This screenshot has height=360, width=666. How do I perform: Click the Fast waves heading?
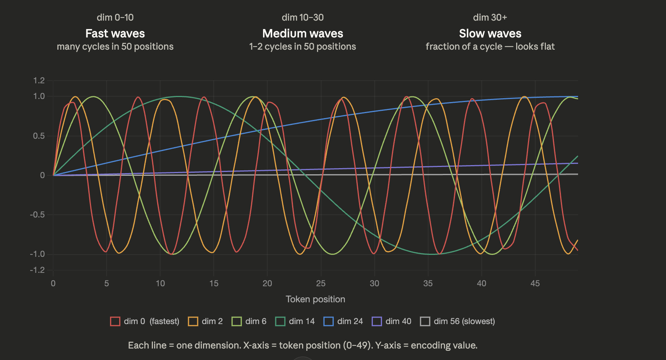[x=115, y=34]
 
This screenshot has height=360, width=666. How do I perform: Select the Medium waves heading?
[x=302, y=34]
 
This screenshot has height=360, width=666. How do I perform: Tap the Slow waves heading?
[x=490, y=34]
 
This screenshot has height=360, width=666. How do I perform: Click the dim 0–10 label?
[x=115, y=18]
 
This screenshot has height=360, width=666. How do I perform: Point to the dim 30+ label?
[x=490, y=18]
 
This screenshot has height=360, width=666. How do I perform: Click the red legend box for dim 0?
[x=115, y=321]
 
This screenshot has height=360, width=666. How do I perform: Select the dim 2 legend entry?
[x=205, y=321]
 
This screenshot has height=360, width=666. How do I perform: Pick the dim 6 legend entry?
[x=249, y=321]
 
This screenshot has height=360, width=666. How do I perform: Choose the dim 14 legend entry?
[x=295, y=321]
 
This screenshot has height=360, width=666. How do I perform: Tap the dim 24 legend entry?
[x=343, y=321]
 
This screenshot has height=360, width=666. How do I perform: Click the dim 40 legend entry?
[x=391, y=321]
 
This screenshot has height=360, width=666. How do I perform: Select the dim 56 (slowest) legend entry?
[x=457, y=321]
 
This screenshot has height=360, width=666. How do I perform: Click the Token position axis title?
[x=315, y=299]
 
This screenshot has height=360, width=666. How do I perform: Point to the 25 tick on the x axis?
[x=321, y=284]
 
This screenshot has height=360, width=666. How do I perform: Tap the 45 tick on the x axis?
[x=535, y=284]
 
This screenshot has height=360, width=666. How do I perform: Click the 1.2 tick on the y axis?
[x=39, y=81]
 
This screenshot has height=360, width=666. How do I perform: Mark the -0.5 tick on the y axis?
[x=37, y=215]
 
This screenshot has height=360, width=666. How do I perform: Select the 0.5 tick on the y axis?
[x=39, y=136]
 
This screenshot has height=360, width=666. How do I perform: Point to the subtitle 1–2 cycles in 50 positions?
[x=302, y=47]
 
